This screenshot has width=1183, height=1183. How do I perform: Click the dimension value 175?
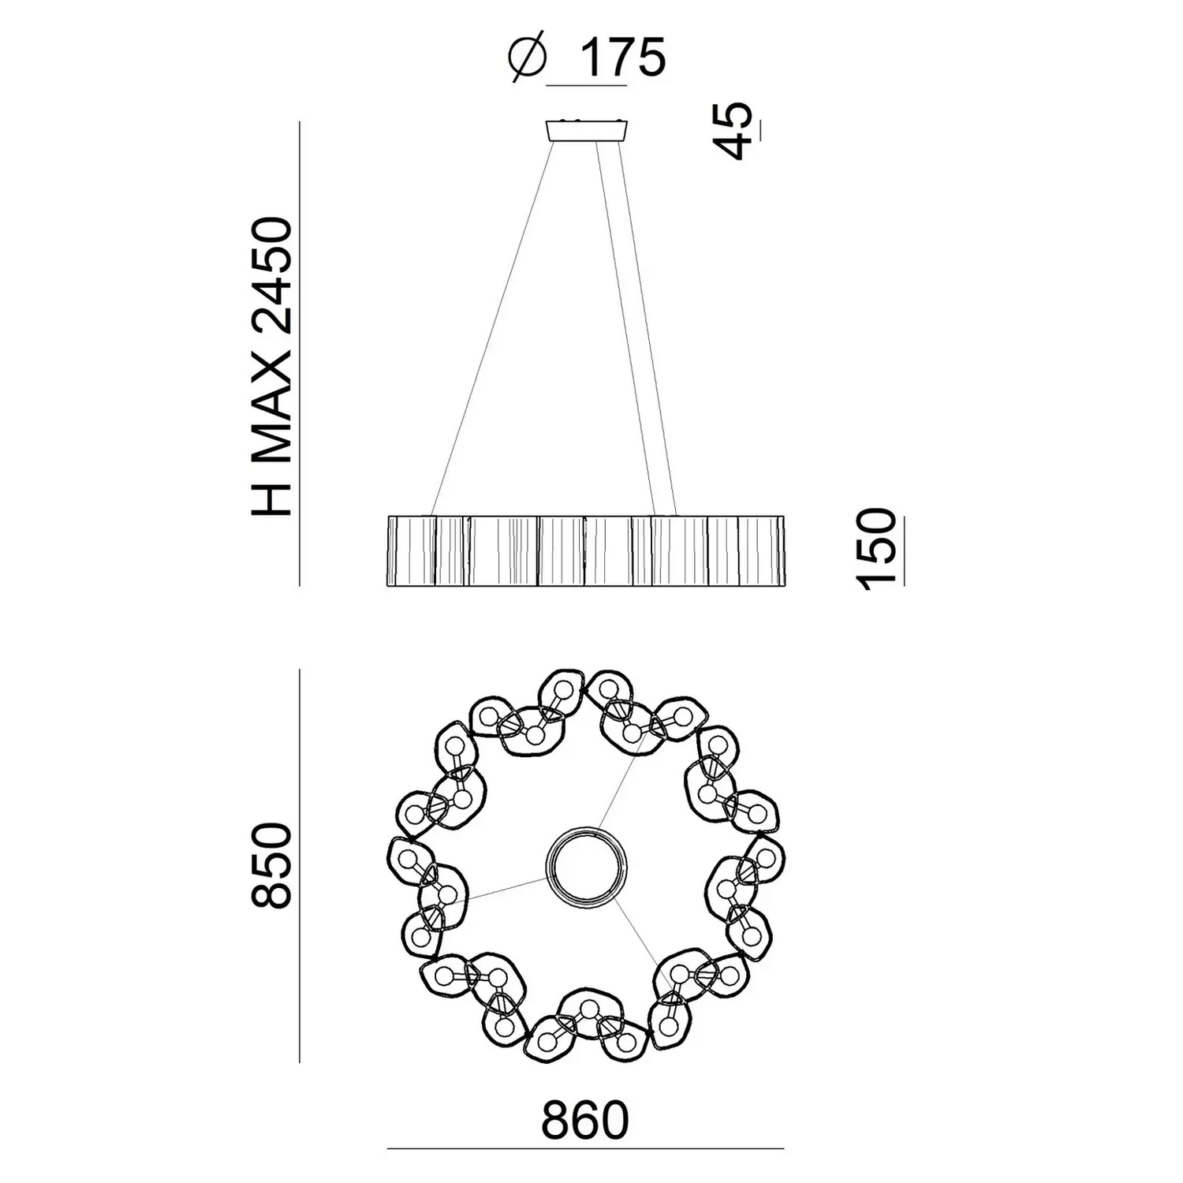coord(622,57)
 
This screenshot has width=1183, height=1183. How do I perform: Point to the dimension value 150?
coord(876,550)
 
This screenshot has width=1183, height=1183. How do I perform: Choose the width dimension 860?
coord(584,1120)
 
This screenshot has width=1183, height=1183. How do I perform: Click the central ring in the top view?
coord(587,865)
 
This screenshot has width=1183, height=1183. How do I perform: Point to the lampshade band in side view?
coord(586,550)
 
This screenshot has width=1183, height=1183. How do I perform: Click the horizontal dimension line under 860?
coord(585,1149)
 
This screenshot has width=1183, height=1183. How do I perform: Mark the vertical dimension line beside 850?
coord(300,865)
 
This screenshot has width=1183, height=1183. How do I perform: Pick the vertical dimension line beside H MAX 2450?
coord(300,354)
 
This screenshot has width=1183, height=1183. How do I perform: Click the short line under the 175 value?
coord(587,84)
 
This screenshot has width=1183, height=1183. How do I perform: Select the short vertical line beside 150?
coord(904,550)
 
